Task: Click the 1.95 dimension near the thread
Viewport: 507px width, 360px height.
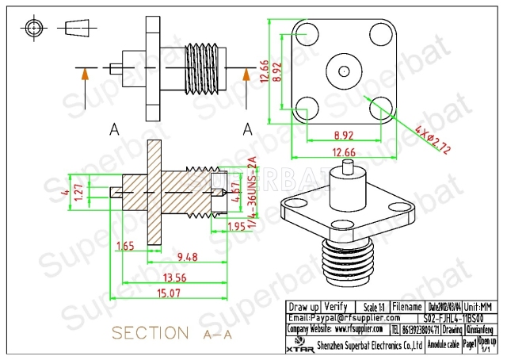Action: pyautogui.click(x=237, y=226)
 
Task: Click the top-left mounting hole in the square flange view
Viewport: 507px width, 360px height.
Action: pyautogui.click(x=303, y=34)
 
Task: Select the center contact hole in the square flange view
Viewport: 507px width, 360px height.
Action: pyautogui.click(x=337, y=70)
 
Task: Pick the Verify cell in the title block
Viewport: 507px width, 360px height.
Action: pyautogui.click(x=336, y=307)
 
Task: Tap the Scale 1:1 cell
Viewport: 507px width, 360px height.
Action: pyautogui.click(x=371, y=307)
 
